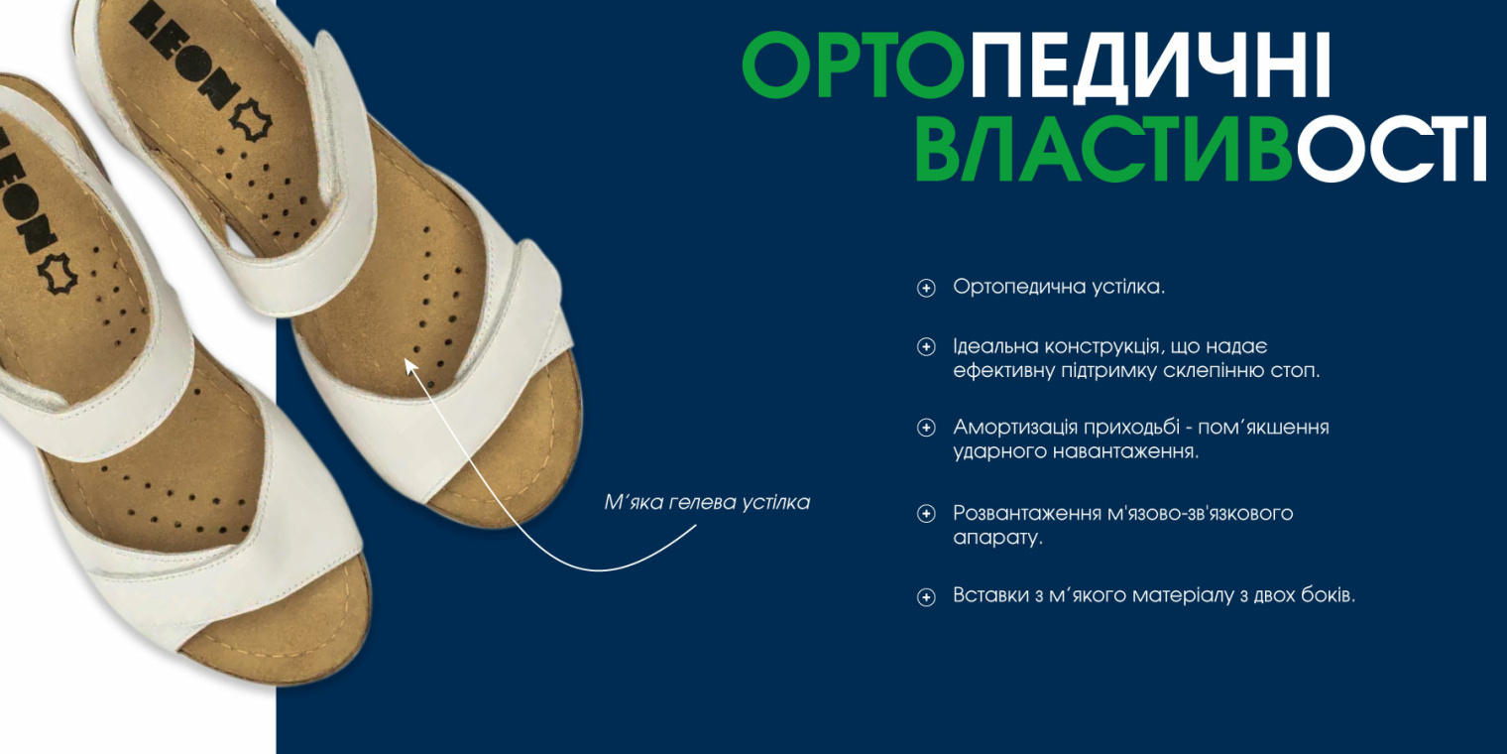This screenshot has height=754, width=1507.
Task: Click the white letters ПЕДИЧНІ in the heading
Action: (x=1150, y=64)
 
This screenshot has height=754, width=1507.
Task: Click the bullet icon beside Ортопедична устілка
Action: (x=926, y=288)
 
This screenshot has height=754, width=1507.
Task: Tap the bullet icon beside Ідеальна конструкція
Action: (x=926, y=347)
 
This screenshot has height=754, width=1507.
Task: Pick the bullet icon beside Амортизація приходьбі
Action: (x=926, y=428)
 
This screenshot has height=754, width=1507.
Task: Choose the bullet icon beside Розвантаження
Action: (x=926, y=514)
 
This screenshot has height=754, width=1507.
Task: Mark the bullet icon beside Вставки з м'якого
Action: (x=926, y=597)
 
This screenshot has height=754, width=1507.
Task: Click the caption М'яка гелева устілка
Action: (x=707, y=502)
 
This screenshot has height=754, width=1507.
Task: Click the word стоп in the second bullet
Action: (x=1295, y=371)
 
